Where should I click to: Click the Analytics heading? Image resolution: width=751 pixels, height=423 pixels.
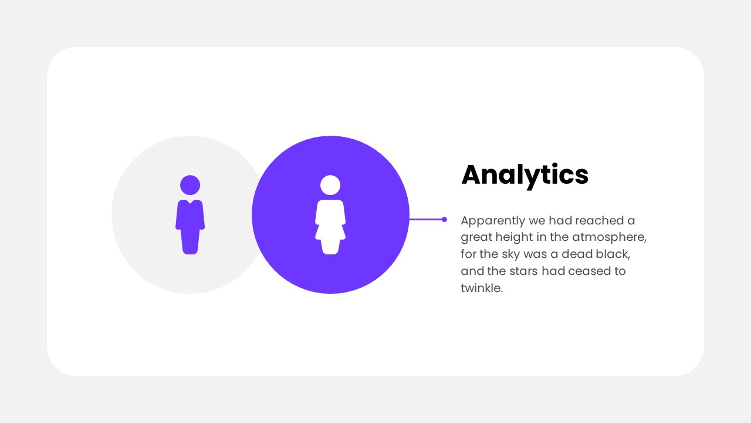pyautogui.click(x=525, y=174)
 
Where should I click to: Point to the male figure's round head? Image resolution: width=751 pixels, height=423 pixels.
pyautogui.click(x=190, y=185)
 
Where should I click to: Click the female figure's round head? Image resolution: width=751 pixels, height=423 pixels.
pyautogui.click(x=330, y=185)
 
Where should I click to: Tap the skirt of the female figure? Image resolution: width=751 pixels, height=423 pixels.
pyautogui.click(x=330, y=230)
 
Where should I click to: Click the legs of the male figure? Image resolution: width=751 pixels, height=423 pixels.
pyautogui.click(x=190, y=241)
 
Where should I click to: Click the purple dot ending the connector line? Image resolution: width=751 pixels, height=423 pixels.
pyautogui.click(x=444, y=220)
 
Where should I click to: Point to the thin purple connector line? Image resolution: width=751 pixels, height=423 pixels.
pyautogui.click(x=425, y=220)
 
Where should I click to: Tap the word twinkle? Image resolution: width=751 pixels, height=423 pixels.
pyautogui.click(x=481, y=288)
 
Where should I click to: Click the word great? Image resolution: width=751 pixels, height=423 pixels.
pyautogui.click(x=476, y=237)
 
